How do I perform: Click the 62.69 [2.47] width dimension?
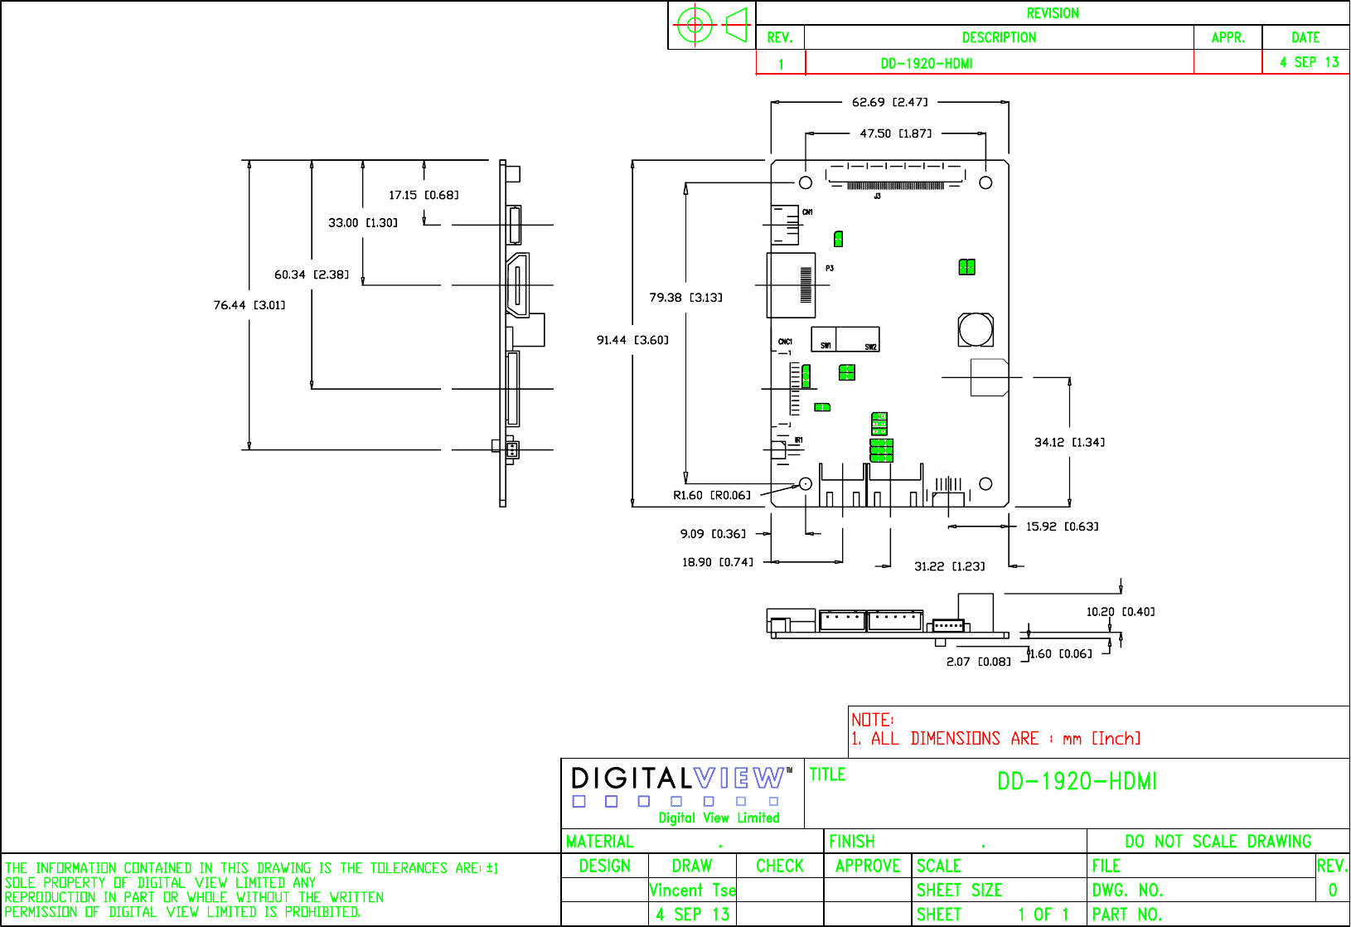click(889, 102)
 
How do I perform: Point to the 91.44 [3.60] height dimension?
click(632, 340)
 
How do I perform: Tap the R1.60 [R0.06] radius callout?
click(711, 496)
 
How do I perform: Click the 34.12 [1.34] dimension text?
click(1069, 442)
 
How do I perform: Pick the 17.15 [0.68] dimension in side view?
click(424, 195)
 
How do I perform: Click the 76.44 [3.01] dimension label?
click(249, 305)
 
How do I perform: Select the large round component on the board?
click(976, 329)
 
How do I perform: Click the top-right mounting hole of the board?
click(985, 182)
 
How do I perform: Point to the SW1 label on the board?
click(826, 345)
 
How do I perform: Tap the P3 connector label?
click(829, 269)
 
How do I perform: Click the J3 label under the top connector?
click(877, 197)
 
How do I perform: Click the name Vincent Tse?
click(692, 890)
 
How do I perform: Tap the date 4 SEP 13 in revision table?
click(1309, 62)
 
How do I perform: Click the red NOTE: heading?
click(872, 720)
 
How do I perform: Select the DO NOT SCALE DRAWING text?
click(1218, 842)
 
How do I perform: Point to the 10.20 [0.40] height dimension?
click(1120, 612)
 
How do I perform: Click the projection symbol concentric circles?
click(695, 25)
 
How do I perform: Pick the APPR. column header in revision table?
click(1228, 37)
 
